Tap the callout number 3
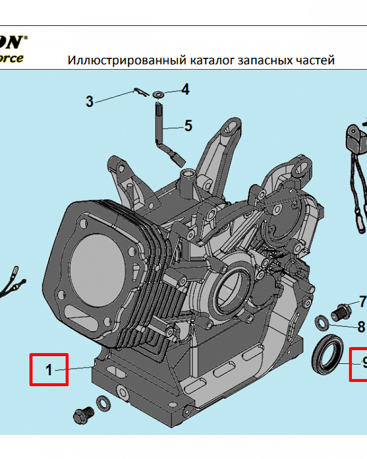[x=89, y=101]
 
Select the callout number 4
[x=185, y=90]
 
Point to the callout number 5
[x=188, y=126]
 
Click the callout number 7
[x=362, y=302]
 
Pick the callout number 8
[x=361, y=327]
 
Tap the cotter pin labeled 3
[x=139, y=92]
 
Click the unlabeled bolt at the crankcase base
[x=83, y=416]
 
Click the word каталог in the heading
[x=212, y=61]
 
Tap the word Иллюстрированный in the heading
[x=127, y=61]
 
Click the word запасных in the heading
[x=266, y=61]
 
